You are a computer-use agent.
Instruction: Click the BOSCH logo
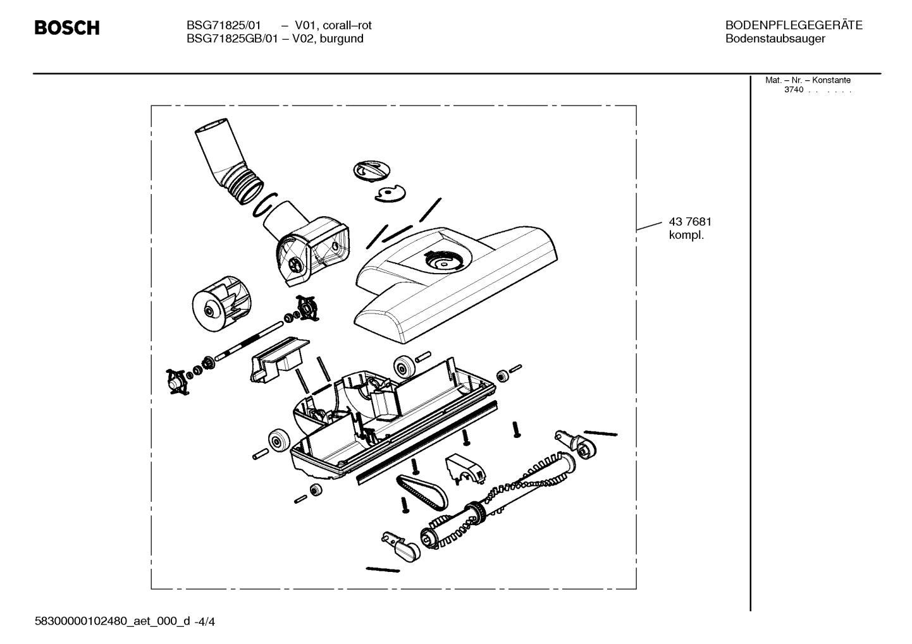click(x=66, y=28)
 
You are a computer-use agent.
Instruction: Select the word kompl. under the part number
click(x=686, y=236)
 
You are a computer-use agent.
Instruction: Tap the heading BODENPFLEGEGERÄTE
click(x=794, y=25)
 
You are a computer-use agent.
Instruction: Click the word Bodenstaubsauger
click(x=775, y=39)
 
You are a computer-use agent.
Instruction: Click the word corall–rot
click(x=347, y=25)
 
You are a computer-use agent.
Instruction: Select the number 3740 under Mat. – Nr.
click(x=794, y=90)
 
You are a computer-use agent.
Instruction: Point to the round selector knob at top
click(x=372, y=169)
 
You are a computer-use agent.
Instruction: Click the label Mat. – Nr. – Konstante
click(x=808, y=80)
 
